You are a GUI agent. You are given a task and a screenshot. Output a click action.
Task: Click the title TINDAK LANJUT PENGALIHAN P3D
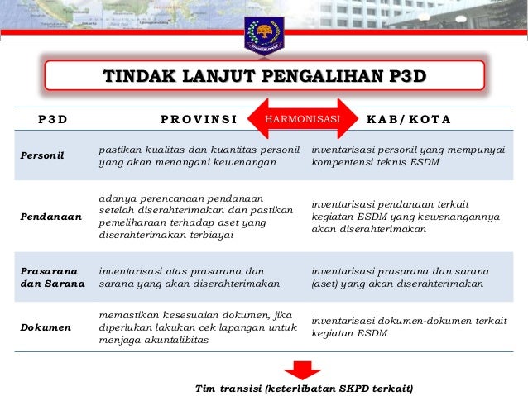265,78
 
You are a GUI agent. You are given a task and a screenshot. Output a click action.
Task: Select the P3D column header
53,119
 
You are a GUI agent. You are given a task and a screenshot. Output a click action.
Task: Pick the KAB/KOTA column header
408,119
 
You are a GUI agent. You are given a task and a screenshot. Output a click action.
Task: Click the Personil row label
40,155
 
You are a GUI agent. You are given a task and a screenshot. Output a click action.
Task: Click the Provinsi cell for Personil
198,155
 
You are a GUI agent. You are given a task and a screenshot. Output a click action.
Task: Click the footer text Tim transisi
303,388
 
